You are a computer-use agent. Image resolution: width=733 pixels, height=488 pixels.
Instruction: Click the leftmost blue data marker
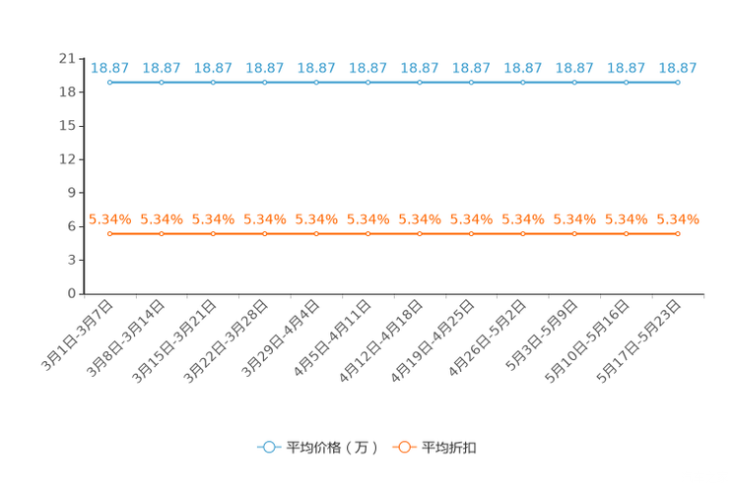pos(109,83)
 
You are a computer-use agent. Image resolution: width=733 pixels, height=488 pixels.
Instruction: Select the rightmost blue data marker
pos(678,83)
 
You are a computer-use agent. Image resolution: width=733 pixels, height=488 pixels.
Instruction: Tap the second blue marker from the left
pos(161,83)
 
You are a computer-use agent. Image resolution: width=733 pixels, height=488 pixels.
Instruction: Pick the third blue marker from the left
pos(213,83)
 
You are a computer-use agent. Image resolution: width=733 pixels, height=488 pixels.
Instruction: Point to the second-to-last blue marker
pos(626,83)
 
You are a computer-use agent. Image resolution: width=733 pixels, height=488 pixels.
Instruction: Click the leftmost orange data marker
pos(109,233)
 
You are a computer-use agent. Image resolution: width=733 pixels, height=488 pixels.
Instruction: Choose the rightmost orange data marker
pos(678,233)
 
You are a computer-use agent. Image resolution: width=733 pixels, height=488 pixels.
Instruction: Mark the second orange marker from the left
pos(161,233)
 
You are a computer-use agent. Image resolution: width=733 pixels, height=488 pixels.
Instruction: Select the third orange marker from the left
pos(213,233)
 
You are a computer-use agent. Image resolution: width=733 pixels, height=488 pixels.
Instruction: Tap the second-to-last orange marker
pos(626,233)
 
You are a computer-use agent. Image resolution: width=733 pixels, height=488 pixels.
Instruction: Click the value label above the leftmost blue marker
pos(109,68)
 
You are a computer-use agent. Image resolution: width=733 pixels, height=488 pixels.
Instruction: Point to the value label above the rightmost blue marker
pos(678,68)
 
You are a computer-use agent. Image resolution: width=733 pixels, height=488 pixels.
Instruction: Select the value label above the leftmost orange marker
pos(109,218)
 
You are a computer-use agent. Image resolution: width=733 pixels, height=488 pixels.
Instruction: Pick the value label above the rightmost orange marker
pos(678,218)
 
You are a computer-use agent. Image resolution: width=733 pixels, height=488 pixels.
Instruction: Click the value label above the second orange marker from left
pos(161,218)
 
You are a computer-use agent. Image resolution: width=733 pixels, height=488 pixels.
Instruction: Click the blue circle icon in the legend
pos(269,447)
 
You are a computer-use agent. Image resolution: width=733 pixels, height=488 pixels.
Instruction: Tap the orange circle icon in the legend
pos(404,447)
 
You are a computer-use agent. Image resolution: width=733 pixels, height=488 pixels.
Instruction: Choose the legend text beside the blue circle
pos(332,448)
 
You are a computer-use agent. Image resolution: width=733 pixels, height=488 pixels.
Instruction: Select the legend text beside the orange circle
pos(450,448)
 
